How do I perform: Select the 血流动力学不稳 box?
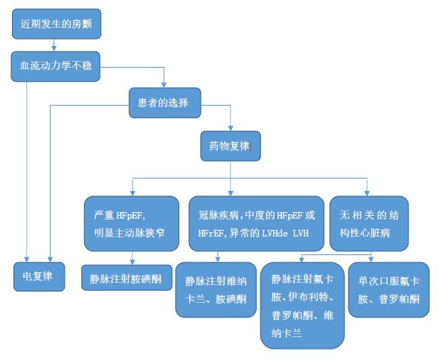click(56, 66)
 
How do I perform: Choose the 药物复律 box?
click(231, 147)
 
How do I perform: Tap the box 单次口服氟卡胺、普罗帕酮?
click(388, 289)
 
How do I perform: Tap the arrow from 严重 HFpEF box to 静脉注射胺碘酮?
click(131, 257)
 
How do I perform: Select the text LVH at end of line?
click(301, 234)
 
